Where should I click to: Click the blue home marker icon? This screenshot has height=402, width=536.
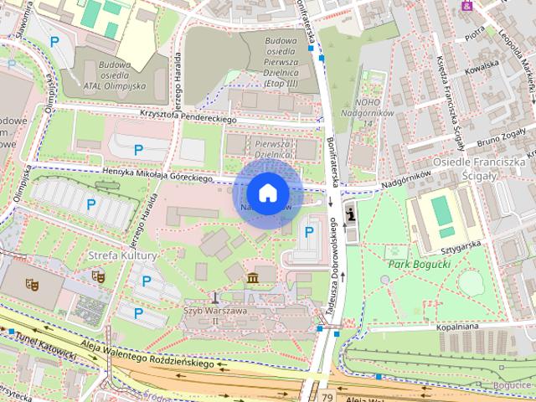coord(267,193)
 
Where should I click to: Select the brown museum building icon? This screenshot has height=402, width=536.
coord(250,277)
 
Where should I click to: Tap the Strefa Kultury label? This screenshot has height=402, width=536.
coord(122,254)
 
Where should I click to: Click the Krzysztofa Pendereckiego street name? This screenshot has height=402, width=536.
coord(189,115)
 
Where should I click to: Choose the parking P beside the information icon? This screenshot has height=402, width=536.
coord(309,231)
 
